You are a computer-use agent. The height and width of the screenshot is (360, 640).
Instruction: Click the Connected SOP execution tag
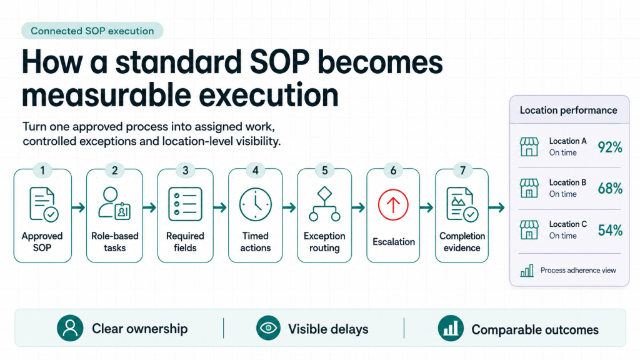pos(92,31)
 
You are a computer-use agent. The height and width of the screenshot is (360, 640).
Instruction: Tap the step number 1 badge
pos(42,170)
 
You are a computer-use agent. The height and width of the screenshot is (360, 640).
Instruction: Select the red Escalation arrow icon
pos(393,204)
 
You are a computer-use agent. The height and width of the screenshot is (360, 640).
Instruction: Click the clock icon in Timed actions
pos(256,204)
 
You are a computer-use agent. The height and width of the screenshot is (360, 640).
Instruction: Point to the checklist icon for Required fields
pos(185,204)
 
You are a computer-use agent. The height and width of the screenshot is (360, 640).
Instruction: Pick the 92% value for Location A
pos(610,147)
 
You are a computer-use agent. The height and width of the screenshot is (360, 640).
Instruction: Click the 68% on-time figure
pos(610,189)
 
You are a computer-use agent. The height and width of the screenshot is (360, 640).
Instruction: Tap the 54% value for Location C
pos(610,230)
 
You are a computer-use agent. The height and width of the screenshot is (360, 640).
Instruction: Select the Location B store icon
pos(529,188)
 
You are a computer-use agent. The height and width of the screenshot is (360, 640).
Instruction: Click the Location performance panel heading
pos(568,110)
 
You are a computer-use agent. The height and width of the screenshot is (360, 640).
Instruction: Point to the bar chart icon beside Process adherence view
pos(527,271)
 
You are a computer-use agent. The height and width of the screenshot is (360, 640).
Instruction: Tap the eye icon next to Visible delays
pos(268,328)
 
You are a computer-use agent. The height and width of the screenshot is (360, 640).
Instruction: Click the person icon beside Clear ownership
pos(70,328)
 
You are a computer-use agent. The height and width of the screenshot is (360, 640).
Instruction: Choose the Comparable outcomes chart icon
pos(451,328)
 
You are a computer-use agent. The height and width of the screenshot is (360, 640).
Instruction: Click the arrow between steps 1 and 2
pos(79,207)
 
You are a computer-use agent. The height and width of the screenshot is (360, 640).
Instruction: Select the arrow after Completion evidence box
pos(497,207)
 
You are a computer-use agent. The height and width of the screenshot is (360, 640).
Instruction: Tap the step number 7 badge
pos(462,170)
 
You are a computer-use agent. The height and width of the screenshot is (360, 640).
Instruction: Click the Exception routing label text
pos(324,242)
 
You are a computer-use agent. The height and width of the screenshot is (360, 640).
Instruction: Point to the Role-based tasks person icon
pos(114,204)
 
